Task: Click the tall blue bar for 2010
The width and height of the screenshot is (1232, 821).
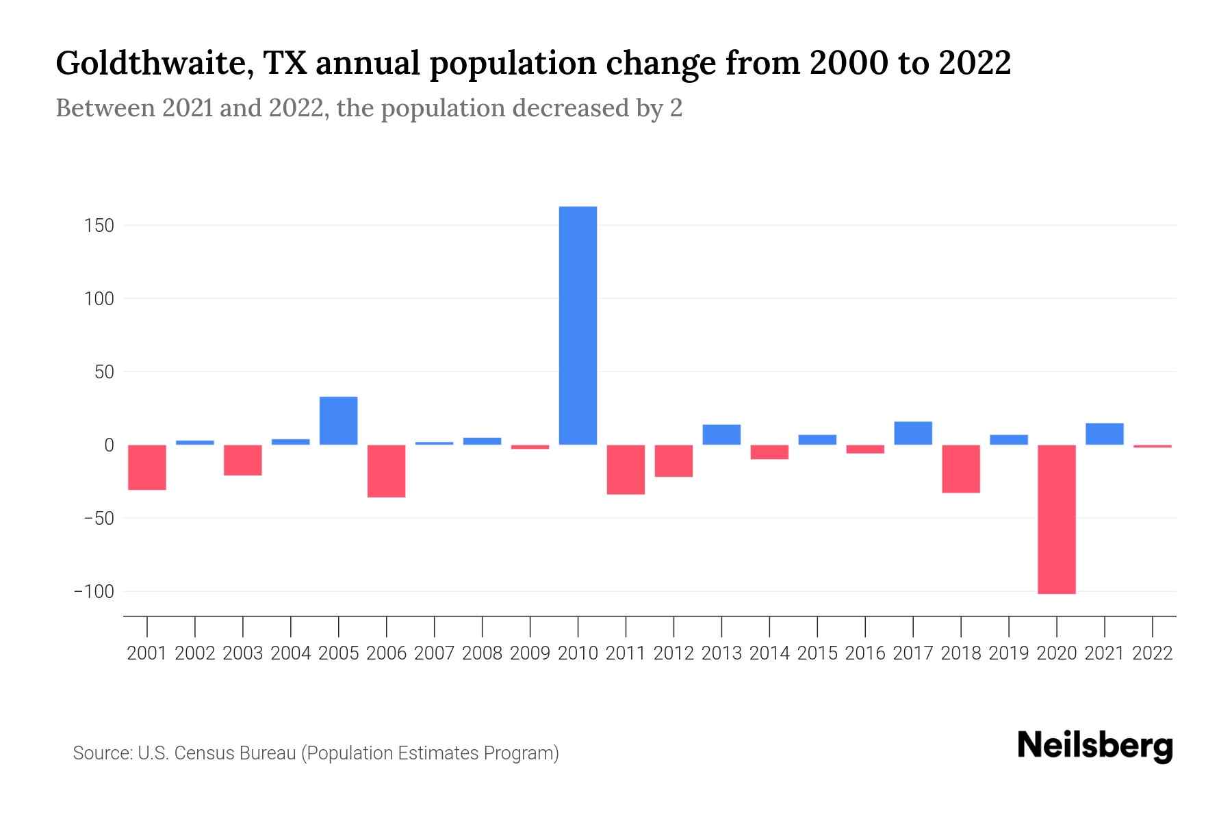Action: [x=578, y=326]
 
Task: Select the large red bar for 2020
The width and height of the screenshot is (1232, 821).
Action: [x=1056, y=519]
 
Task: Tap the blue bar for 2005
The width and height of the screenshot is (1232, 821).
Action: [x=338, y=421]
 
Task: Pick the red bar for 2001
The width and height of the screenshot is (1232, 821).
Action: [x=147, y=467]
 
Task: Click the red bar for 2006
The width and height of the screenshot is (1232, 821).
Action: [x=386, y=471]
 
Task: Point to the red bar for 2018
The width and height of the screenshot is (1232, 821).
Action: [x=960, y=469]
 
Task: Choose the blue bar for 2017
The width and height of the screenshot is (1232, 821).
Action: [x=912, y=433]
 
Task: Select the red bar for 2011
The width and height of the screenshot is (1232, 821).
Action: [x=626, y=469]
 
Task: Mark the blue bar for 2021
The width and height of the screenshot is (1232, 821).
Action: [x=1104, y=434]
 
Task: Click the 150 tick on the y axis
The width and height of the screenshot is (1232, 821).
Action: [x=99, y=225]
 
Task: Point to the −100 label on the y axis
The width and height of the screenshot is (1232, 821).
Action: [x=94, y=591]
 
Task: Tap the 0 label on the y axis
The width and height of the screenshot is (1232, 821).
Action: [x=109, y=445]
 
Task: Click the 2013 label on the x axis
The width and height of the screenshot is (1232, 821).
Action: [x=721, y=653]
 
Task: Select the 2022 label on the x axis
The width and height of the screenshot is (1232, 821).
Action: [x=1152, y=653]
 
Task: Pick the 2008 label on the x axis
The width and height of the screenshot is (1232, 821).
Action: [x=482, y=653]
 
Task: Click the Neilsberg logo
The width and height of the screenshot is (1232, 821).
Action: [x=1095, y=746]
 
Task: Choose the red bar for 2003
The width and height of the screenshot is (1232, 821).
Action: [x=243, y=460]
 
